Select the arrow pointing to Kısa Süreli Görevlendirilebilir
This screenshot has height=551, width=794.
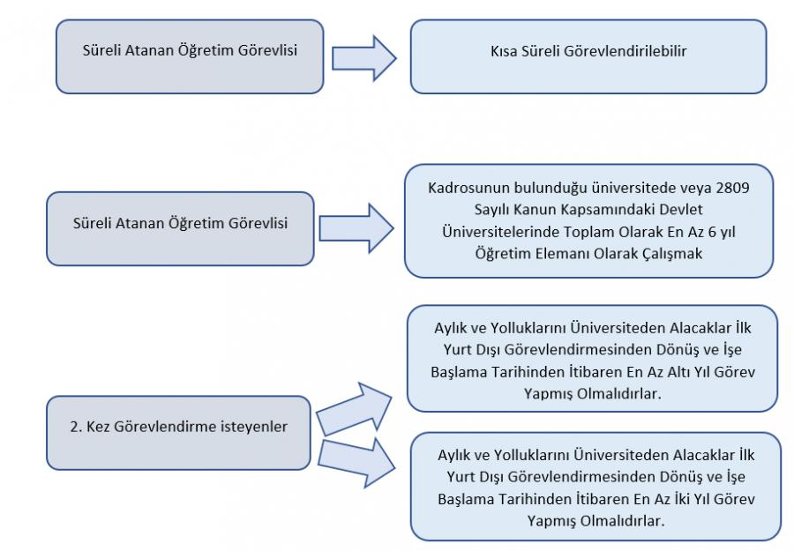point(363,58)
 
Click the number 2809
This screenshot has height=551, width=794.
point(733,188)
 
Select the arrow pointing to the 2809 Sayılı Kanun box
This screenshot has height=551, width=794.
point(356,228)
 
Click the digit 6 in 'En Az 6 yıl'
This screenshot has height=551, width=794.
point(712,232)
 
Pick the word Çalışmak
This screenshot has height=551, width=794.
point(672,254)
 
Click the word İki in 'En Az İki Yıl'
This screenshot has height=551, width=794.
point(682,499)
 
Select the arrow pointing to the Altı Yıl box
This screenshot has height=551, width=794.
point(355,409)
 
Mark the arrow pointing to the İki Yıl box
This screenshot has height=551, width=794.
point(356,463)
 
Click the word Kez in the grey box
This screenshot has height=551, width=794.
point(98,427)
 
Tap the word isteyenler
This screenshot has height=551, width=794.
point(255,427)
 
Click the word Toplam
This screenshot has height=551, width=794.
point(587,232)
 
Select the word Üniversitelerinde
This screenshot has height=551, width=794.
point(500,232)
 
